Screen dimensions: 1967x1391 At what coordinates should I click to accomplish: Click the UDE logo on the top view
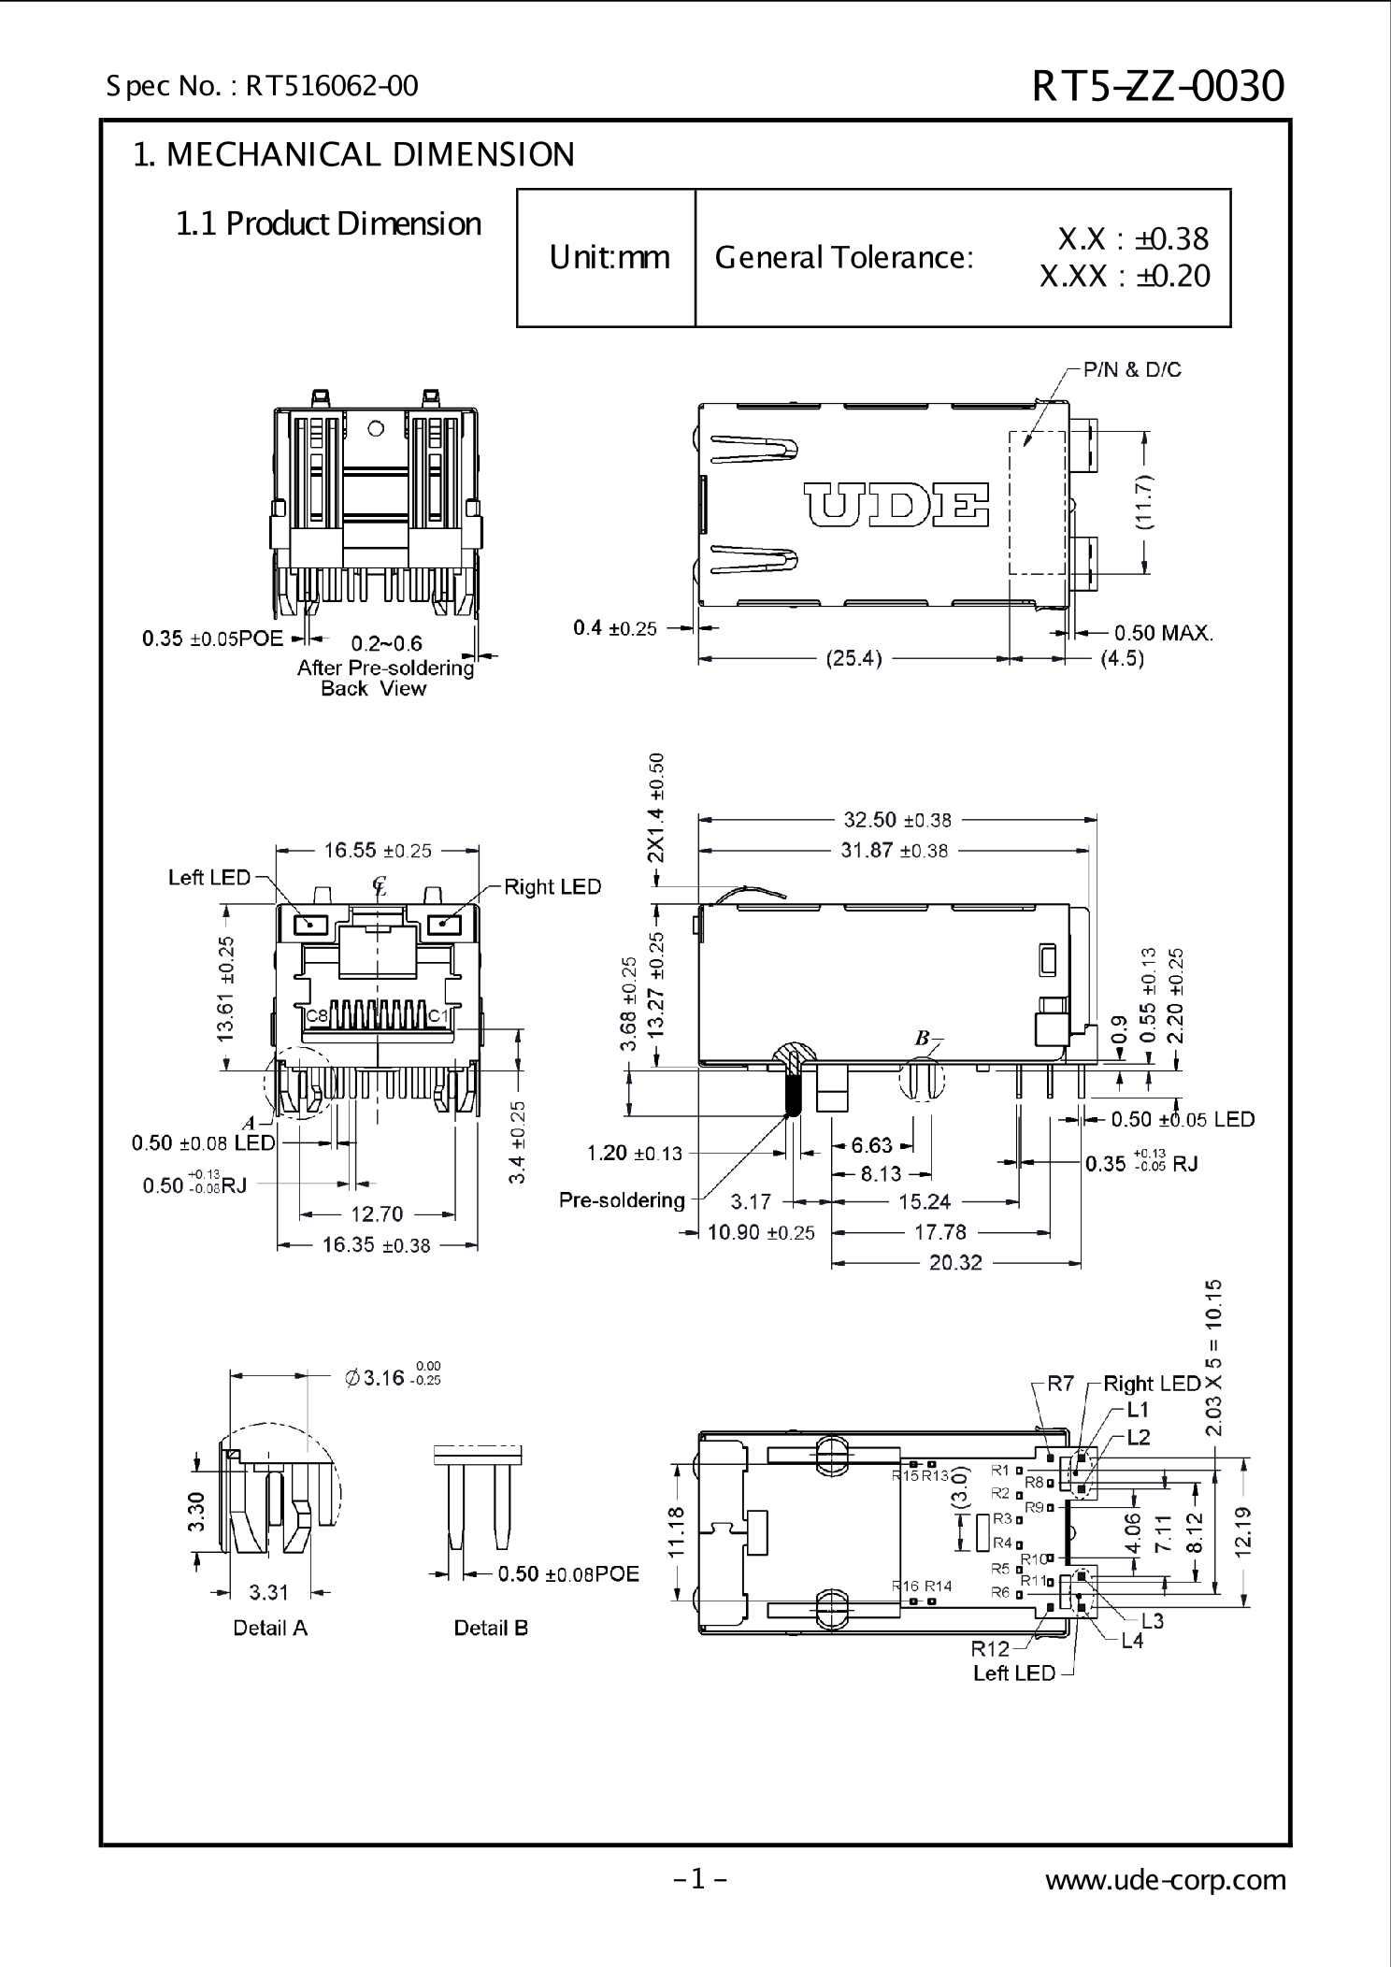[x=896, y=505]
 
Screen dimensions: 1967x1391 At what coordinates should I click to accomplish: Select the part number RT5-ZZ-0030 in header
[x=1158, y=86]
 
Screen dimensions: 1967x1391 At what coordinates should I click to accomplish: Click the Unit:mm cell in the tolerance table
[x=609, y=257]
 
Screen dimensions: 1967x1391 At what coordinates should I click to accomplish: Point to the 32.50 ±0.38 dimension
[x=896, y=820]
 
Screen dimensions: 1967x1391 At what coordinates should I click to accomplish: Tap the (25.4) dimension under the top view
[x=853, y=658]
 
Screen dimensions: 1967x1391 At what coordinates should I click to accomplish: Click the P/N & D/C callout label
[x=1132, y=370]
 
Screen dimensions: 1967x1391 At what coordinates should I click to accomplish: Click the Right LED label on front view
[x=552, y=886]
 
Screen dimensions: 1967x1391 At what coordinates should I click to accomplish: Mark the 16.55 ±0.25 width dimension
[x=378, y=850]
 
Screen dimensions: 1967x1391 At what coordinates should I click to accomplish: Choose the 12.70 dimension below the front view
[x=376, y=1213]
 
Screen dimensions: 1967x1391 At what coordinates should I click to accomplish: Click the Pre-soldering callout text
[x=622, y=1199]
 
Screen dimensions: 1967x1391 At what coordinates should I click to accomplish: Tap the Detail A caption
[x=270, y=1628]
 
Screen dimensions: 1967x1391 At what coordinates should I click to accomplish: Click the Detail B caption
[x=491, y=1628]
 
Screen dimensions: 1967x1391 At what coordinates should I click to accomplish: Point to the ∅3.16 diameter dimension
[x=393, y=1377]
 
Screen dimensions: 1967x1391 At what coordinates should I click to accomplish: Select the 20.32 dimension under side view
[x=955, y=1263]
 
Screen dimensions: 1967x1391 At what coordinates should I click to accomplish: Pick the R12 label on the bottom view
[x=990, y=1648]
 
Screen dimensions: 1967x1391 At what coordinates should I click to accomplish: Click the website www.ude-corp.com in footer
[x=1165, y=1879]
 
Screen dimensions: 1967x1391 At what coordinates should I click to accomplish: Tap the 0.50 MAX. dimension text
[x=1164, y=633]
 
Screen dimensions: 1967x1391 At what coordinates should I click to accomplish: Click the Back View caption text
[x=373, y=689]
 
